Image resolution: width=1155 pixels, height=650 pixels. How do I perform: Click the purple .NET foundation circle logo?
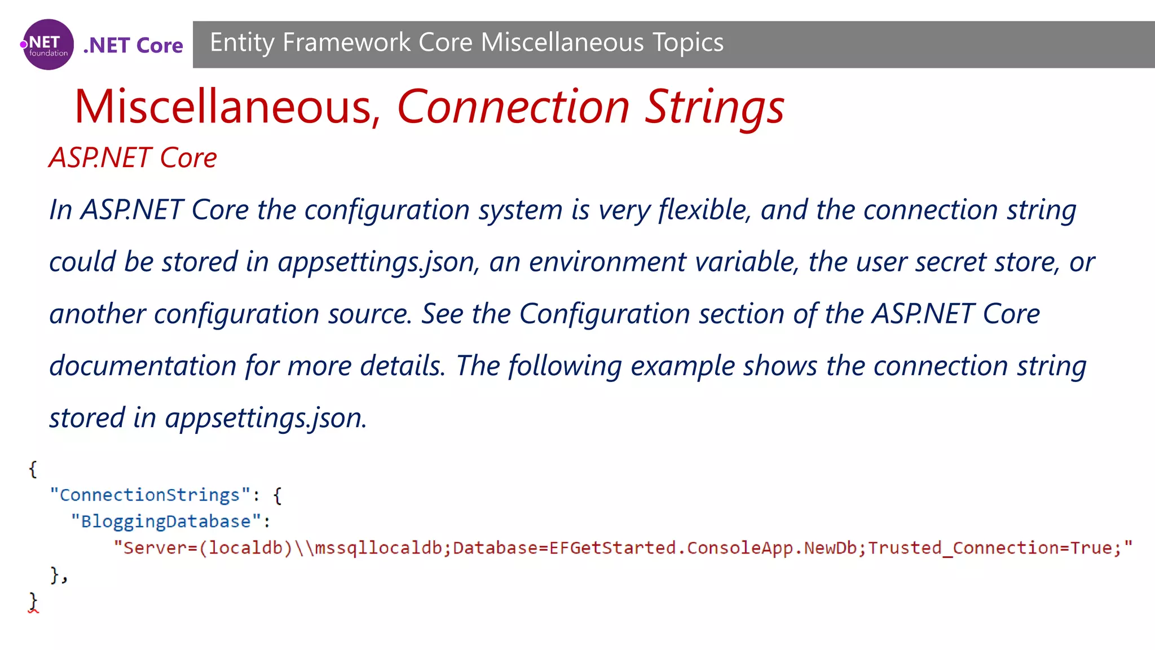(48, 45)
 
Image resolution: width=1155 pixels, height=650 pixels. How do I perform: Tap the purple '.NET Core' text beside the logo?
(133, 45)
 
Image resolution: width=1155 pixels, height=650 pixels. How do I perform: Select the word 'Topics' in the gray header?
(687, 43)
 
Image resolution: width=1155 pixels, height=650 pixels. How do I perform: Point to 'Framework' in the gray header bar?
(346, 43)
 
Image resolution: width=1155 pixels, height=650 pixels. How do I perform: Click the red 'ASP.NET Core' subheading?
(133, 157)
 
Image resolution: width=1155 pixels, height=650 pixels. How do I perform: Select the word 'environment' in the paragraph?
(607, 262)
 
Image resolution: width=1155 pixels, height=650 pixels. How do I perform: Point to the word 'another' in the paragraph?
(97, 314)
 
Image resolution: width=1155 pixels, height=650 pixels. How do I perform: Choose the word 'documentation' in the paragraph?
(143, 366)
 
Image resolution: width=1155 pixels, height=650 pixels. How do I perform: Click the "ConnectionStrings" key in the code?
(149, 495)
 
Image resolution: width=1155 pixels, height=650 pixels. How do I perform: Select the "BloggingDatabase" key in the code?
(166, 521)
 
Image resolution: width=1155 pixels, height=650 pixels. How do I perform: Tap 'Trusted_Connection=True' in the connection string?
(989, 548)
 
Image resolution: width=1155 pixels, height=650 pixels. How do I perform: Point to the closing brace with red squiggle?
(33, 601)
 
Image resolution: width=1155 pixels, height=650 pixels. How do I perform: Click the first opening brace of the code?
(33, 469)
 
